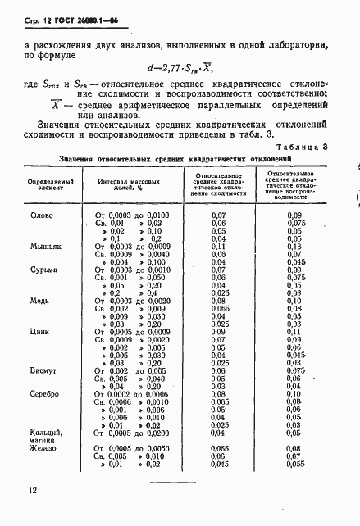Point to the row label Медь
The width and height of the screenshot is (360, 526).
(x=41, y=300)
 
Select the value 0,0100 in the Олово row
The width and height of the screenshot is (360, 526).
(x=154, y=215)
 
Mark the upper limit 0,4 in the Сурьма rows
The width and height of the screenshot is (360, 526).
(x=151, y=292)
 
